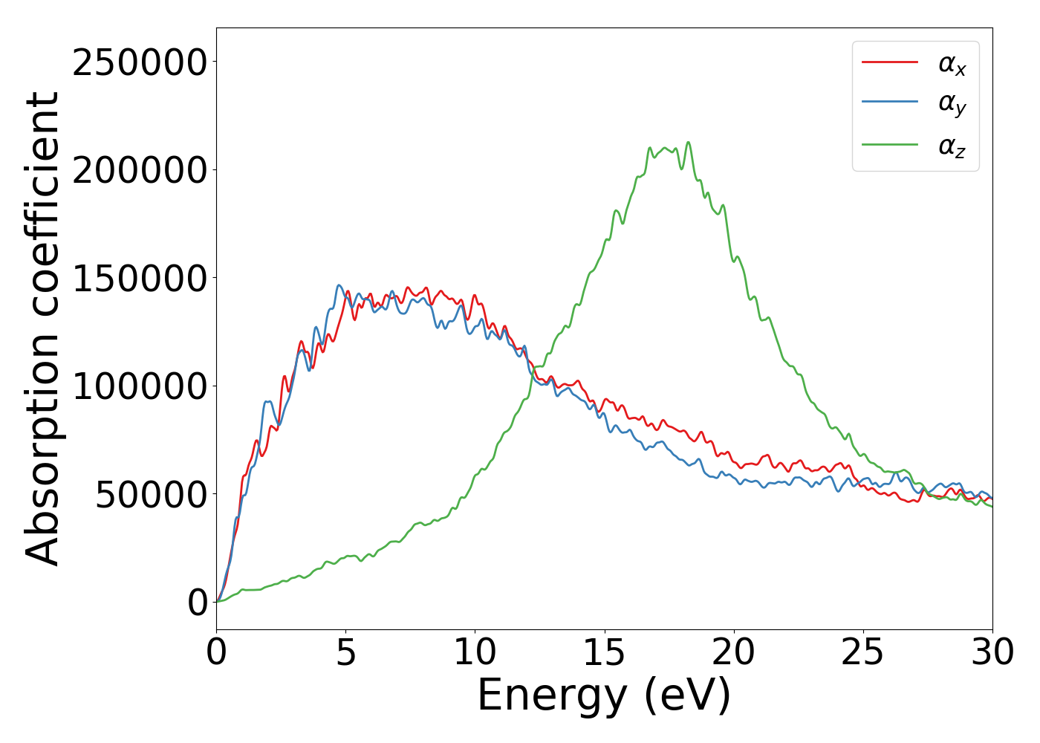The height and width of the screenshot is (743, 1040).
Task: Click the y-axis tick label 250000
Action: tap(140, 62)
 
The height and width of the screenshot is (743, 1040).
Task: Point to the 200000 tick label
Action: tap(140, 170)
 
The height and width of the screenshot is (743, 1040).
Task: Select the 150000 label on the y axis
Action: tap(140, 279)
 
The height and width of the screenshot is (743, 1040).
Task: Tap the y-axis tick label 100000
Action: tap(140, 386)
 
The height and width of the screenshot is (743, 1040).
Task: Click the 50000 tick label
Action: tap(151, 495)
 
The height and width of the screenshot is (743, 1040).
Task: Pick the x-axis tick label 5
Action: tap(346, 653)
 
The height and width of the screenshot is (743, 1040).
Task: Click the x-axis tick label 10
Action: tap(475, 653)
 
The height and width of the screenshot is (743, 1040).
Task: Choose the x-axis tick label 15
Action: tap(605, 653)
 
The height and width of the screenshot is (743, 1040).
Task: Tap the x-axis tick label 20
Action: tap(734, 653)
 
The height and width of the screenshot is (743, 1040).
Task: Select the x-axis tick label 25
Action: tap(863, 653)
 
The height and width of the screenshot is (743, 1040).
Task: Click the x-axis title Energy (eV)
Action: tap(604, 696)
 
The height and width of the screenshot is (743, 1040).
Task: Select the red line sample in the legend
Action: tap(890, 62)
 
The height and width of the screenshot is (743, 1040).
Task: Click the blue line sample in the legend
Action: tap(890, 103)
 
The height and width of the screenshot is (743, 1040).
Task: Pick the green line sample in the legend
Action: tap(890, 145)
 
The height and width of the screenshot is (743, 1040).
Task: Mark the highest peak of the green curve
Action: tap(688, 143)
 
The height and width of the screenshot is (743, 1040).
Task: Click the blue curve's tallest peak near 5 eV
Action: tap(339, 285)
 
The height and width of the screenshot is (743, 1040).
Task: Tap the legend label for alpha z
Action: tap(952, 146)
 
